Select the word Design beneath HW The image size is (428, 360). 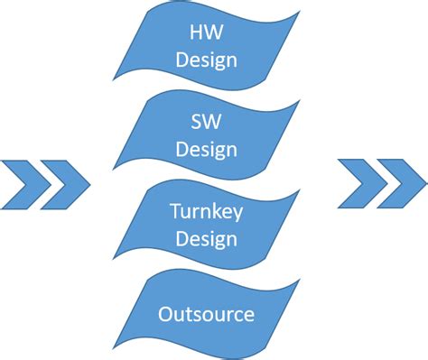(x=208, y=62)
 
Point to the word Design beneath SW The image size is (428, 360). (x=208, y=148)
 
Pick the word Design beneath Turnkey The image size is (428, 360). (x=207, y=240)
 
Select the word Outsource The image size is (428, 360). (x=206, y=315)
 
